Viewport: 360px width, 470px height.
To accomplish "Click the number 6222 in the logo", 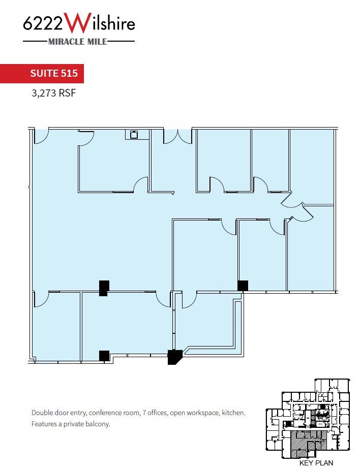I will tap(44, 24).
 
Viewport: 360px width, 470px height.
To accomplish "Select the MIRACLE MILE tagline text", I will tap(78, 42).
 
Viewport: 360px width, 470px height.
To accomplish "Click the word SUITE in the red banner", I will tap(44, 73).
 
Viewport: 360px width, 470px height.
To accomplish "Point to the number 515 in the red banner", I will tap(69, 73).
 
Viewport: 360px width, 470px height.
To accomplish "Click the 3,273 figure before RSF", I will tap(43, 93).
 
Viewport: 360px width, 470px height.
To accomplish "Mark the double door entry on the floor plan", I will tap(177, 136).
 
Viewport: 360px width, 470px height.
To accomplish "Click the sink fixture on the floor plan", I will tap(134, 134).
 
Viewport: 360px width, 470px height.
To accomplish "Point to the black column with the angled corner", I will tap(175, 357).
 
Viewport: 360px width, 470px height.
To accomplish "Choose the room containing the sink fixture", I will tap(113, 163).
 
